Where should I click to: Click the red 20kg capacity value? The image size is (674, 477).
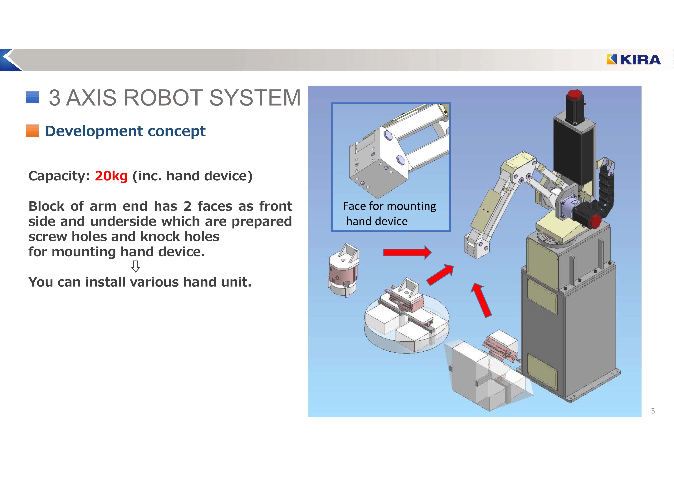point(111,176)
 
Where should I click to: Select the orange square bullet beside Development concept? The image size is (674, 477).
point(32,131)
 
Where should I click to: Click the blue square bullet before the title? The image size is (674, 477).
point(32,97)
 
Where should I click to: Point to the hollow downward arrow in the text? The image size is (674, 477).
point(135,266)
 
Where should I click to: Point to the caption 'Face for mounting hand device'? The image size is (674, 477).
point(389,214)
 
